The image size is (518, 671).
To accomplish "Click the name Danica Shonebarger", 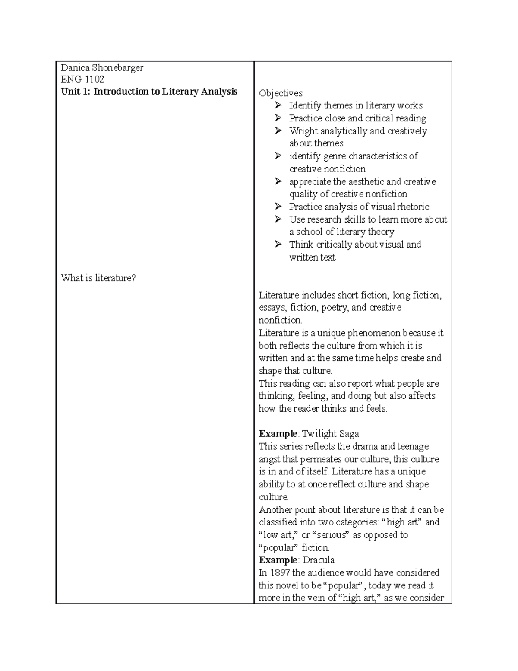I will point(102,67).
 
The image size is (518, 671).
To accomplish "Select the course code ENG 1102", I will point(82,80).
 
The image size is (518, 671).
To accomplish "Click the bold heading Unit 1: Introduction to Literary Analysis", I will point(149,92).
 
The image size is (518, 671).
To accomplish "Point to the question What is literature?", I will point(98,278).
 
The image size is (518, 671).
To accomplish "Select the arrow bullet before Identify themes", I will point(278,105).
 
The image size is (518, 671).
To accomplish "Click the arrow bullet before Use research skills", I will point(278,219).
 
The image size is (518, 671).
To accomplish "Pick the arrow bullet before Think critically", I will point(278,245).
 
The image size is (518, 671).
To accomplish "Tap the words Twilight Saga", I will point(331,434).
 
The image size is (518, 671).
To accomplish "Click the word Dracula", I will point(319,560).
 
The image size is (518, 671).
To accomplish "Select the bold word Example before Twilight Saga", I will point(278,434).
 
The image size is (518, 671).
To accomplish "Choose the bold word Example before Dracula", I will point(278,560).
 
